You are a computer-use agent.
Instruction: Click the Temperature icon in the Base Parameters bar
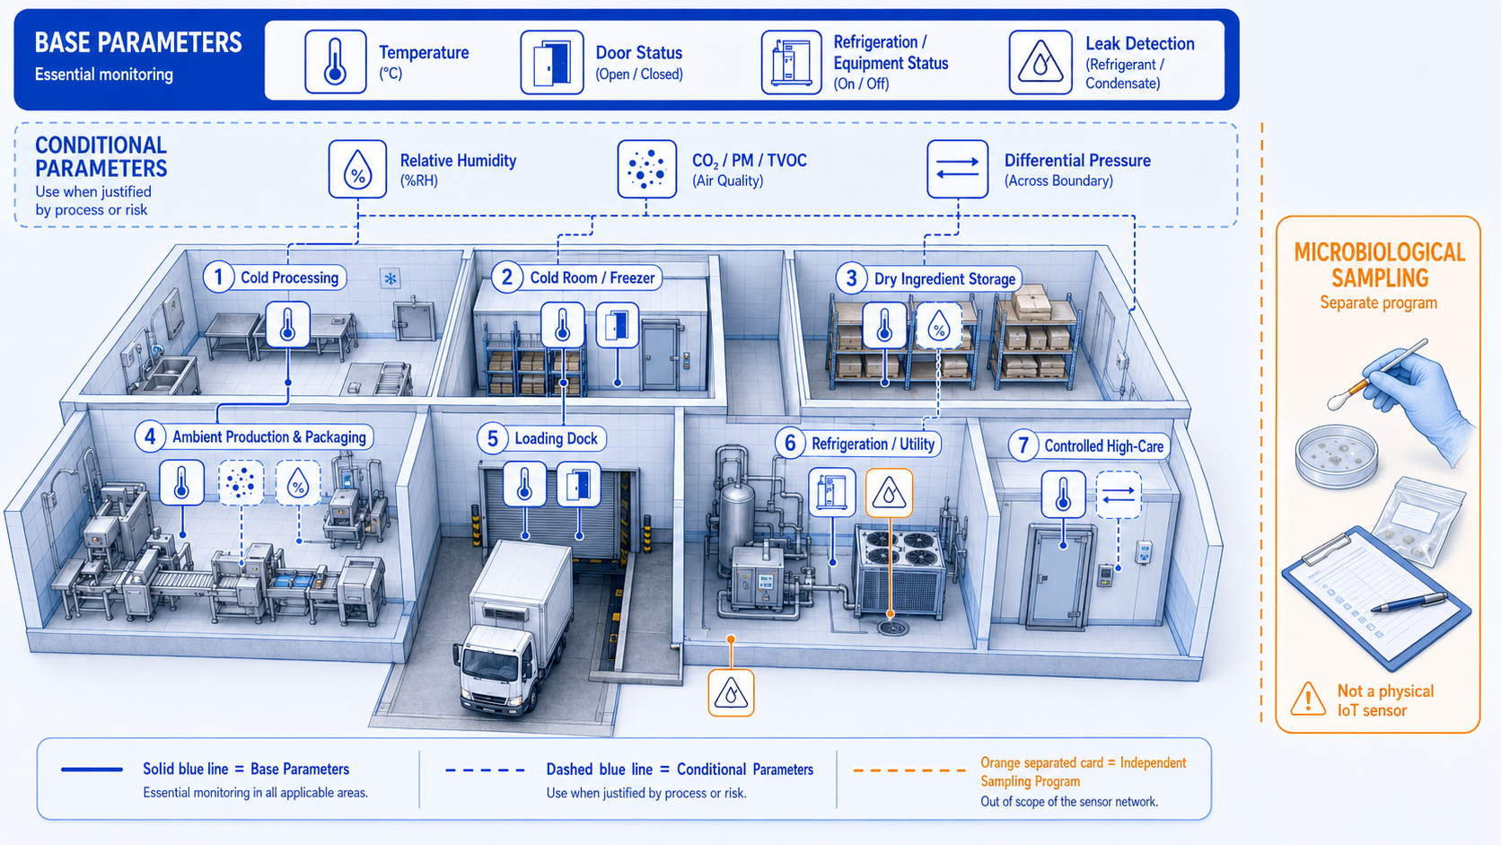pyautogui.click(x=336, y=62)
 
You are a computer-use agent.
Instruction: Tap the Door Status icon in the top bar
pyautogui.click(x=552, y=62)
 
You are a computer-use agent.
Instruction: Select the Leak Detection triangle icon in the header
pyautogui.click(x=1040, y=62)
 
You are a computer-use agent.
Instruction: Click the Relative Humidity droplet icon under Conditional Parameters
pyautogui.click(x=358, y=169)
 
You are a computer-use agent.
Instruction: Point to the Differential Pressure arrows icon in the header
pyautogui.click(x=958, y=169)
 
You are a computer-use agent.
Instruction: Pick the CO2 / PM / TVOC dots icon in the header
pyautogui.click(x=646, y=169)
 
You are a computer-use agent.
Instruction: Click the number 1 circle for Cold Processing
pyautogui.click(x=218, y=277)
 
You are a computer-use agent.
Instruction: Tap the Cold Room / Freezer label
pyautogui.click(x=592, y=278)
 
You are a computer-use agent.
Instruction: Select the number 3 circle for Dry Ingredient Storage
pyautogui.click(x=851, y=278)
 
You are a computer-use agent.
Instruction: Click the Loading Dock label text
pyautogui.click(x=557, y=439)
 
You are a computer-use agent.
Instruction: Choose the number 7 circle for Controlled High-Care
pyautogui.click(x=1023, y=445)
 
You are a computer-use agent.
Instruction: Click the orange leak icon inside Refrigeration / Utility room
pyautogui.click(x=890, y=493)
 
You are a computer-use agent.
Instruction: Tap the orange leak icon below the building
pyautogui.click(x=731, y=693)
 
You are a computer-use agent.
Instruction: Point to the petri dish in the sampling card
pyautogui.click(x=1336, y=455)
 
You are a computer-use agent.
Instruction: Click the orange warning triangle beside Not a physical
pyautogui.click(x=1308, y=700)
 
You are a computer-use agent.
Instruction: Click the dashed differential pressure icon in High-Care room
pyautogui.click(x=1119, y=495)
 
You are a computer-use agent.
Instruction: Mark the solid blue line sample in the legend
pyautogui.click(x=92, y=770)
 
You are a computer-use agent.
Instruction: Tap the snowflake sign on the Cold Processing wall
pyautogui.click(x=390, y=278)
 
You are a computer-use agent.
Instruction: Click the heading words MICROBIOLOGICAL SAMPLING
pyautogui.click(x=1379, y=266)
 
